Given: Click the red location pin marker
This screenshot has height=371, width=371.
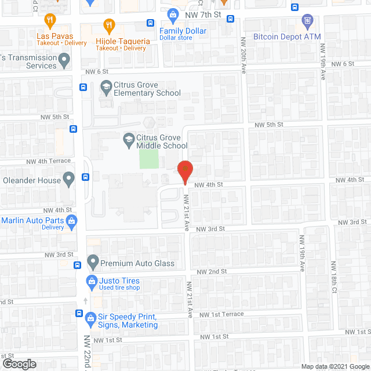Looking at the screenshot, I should tap(184, 170).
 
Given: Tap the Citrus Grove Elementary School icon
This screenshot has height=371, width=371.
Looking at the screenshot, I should tap(106, 88).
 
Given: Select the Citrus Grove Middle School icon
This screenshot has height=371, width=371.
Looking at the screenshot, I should tap(128, 140).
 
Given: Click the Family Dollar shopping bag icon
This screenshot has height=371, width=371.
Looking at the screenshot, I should tap(172, 14).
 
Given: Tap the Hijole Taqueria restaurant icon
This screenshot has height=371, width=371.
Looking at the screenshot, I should tap(108, 25).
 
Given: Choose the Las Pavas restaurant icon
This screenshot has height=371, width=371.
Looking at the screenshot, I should tap(50, 20).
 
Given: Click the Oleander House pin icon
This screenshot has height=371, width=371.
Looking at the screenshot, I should tap(69, 180).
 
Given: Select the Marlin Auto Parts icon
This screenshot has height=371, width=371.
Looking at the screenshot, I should tap(72, 221).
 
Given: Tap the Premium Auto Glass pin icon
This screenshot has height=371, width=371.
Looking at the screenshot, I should tap(92, 263).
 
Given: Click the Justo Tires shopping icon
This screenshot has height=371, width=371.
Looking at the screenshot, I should tap(91, 282).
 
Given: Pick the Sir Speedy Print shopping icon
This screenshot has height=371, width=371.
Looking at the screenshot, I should tap(90, 318).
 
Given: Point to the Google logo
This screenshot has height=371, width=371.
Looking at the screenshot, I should tap(19, 364).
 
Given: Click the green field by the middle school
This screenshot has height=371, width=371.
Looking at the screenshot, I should tap(148, 159).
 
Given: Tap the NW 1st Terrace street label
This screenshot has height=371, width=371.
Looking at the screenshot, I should tap(221, 314).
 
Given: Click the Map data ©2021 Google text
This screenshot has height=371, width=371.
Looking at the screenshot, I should tap(334, 366).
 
